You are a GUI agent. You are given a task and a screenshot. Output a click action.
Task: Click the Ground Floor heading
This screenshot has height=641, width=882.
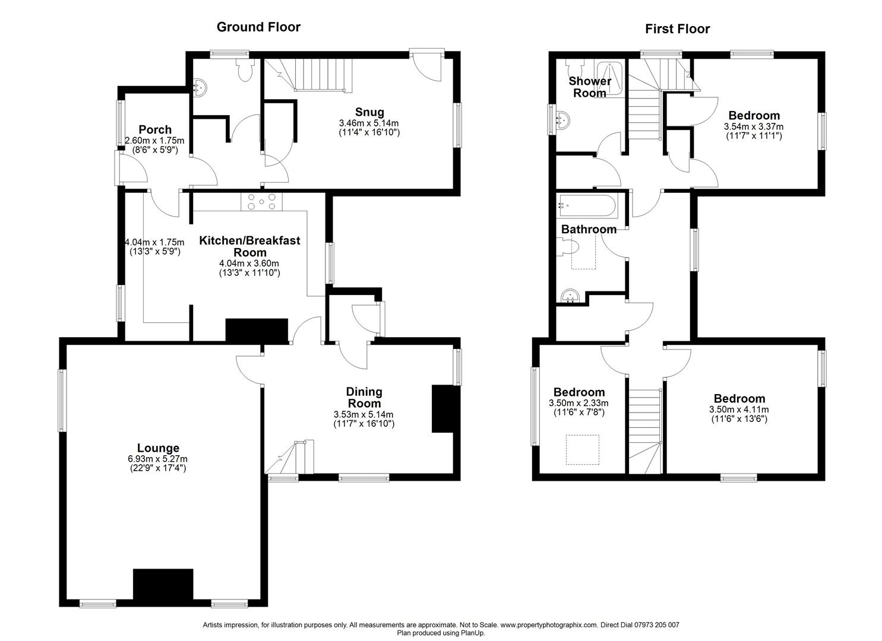tap(258, 27)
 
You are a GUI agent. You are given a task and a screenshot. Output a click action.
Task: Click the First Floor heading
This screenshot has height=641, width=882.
tap(677, 28)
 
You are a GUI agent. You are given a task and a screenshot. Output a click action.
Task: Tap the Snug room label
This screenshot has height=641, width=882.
tap(369, 112)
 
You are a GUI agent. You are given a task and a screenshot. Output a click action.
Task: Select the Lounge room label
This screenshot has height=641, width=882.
tap(158, 448)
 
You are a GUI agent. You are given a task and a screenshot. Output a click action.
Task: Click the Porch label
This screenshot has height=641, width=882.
tap(155, 129)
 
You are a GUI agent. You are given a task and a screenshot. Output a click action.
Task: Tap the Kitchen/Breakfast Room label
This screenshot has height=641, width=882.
tap(249, 246)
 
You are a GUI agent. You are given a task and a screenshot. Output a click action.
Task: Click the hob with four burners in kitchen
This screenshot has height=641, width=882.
tap(262, 202)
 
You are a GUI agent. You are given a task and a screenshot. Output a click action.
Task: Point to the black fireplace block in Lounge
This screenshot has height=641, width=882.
tap(163, 584)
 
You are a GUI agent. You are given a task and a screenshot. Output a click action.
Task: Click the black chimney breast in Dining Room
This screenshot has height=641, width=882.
tap(442, 409)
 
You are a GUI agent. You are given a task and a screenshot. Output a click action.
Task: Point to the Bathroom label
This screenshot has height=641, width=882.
tap(589, 229)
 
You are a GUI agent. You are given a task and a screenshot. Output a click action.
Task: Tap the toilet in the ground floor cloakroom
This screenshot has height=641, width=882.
tap(244, 71)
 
